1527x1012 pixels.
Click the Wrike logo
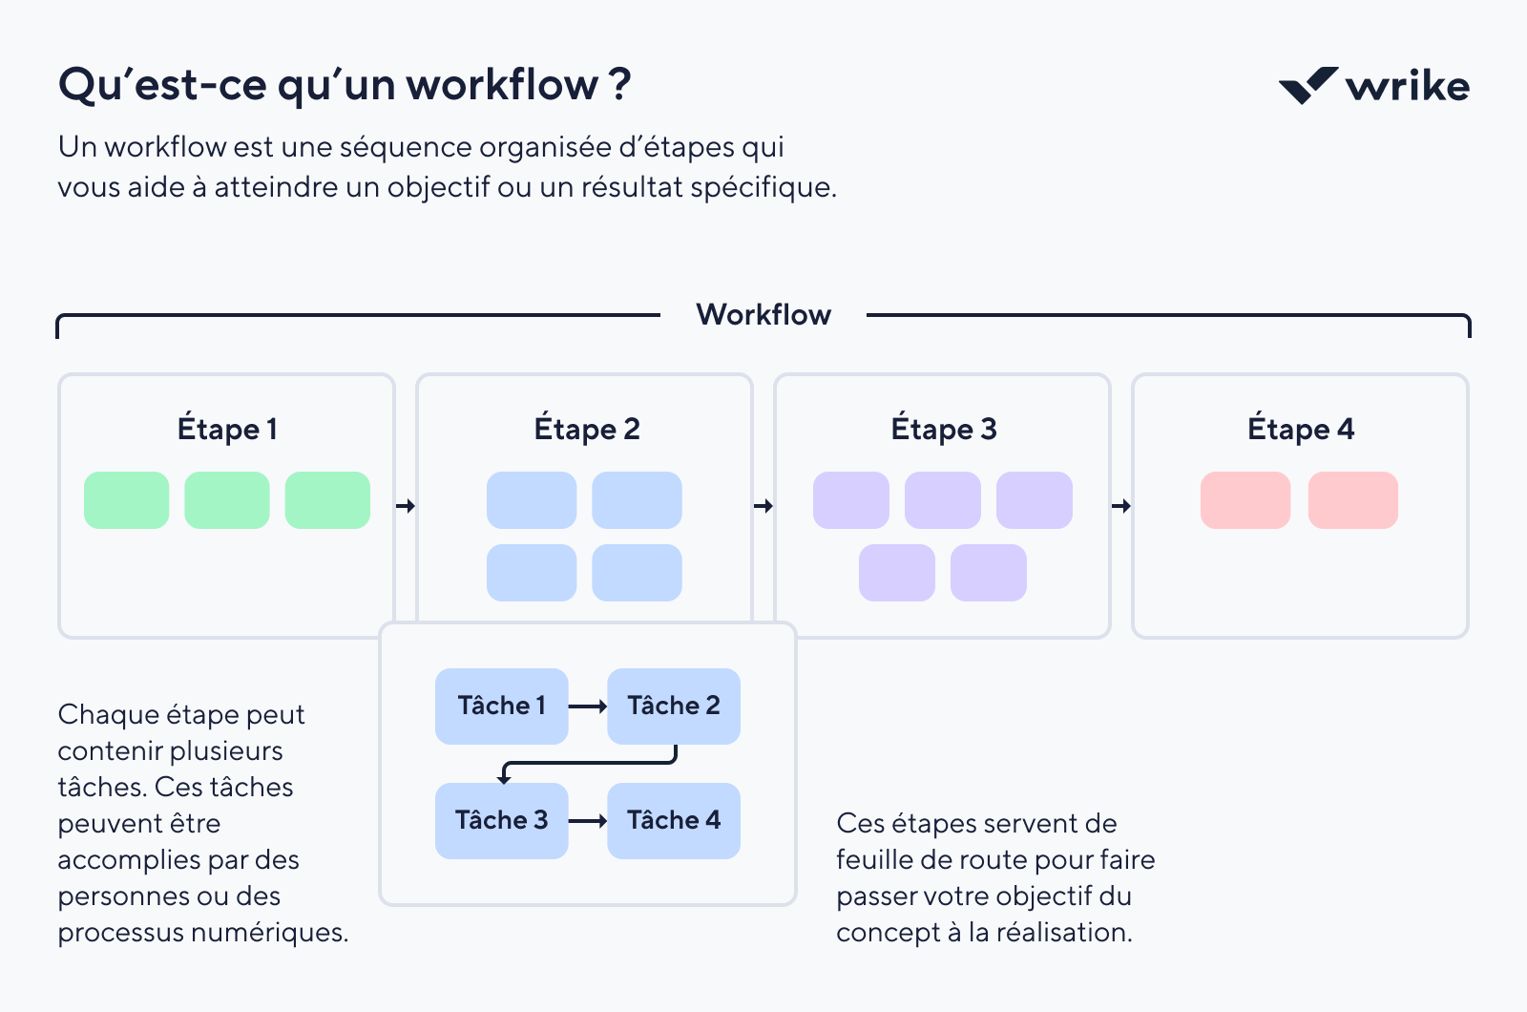[1374, 86]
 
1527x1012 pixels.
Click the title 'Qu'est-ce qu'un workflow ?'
[345, 85]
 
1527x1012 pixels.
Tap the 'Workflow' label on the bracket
[763, 315]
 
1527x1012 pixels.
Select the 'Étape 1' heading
[227, 430]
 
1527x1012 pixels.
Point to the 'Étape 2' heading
[586, 430]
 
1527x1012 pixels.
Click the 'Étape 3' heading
[943, 430]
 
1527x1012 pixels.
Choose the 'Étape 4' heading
[1300, 430]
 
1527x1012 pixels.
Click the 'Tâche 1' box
[501, 706]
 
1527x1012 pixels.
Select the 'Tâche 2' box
[674, 706]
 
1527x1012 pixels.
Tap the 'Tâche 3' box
[501, 821]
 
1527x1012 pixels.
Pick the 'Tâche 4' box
[674, 821]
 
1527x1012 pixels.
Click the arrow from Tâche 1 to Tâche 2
[588, 706]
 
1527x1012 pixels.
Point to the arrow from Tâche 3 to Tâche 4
[588, 821]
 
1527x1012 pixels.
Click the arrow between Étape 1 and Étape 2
[406, 506]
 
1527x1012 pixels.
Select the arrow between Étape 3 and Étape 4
[1121, 506]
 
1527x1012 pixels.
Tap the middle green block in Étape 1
[227, 500]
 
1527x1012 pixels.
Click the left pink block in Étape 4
[1245, 500]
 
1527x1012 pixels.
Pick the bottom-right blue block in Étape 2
[637, 573]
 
